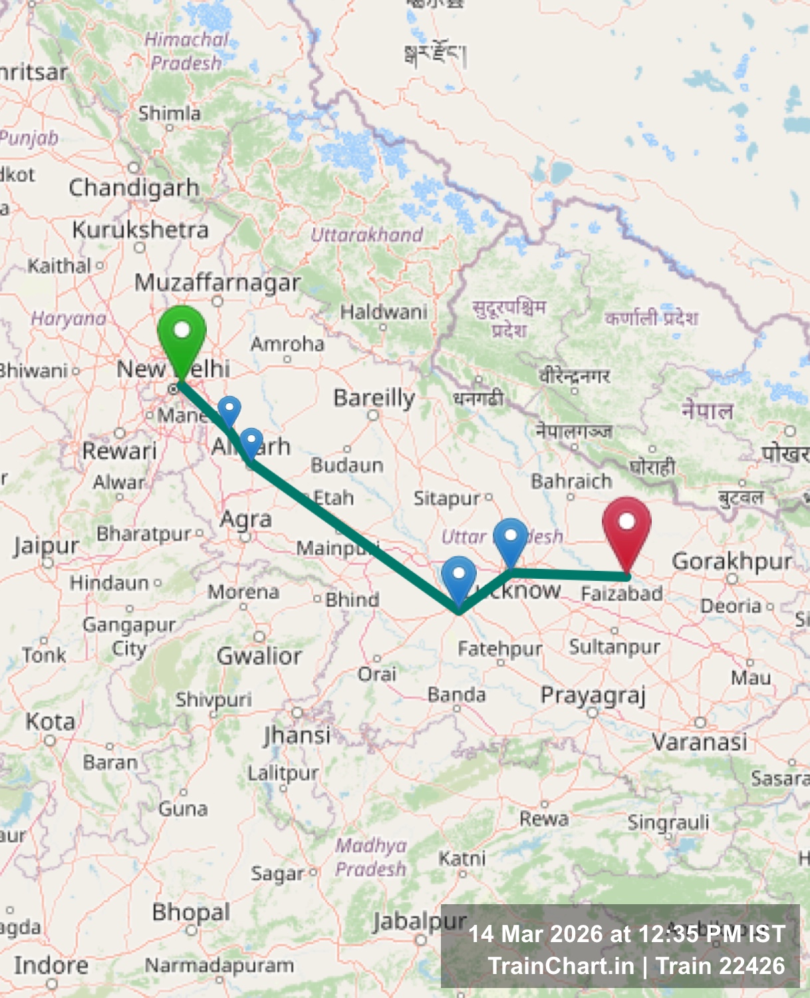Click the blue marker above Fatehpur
pyautogui.click(x=458, y=577)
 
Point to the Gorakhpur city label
pyautogui.click(x=732, y=562)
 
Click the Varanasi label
pyautogui.click(x=700, y=741)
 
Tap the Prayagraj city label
pyautogui.click(x=593, y=695)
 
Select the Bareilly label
pyautogui.click(x=374, y=398)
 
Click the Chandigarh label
pyautogui.click(x=134, y=188)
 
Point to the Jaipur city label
pyautogui.click(x=47, y=546)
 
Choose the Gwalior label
pyautogui.click(x=259, y=656)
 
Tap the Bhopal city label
pyautogui.click(x=191, y=912)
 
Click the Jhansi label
pyautogui.click(x=297, y=735)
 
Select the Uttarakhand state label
pyautogui.click(x=366, y=234)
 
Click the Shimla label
pyautogui.click(x=169, y=114)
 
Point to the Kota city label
pyautogui.click(x=50, y=721)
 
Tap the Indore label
pyautogui.click(x=51, y=965)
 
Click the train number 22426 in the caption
pyautogui.click(x=753, y=965)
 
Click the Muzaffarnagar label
pyautogui.click(x=217, y=283)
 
